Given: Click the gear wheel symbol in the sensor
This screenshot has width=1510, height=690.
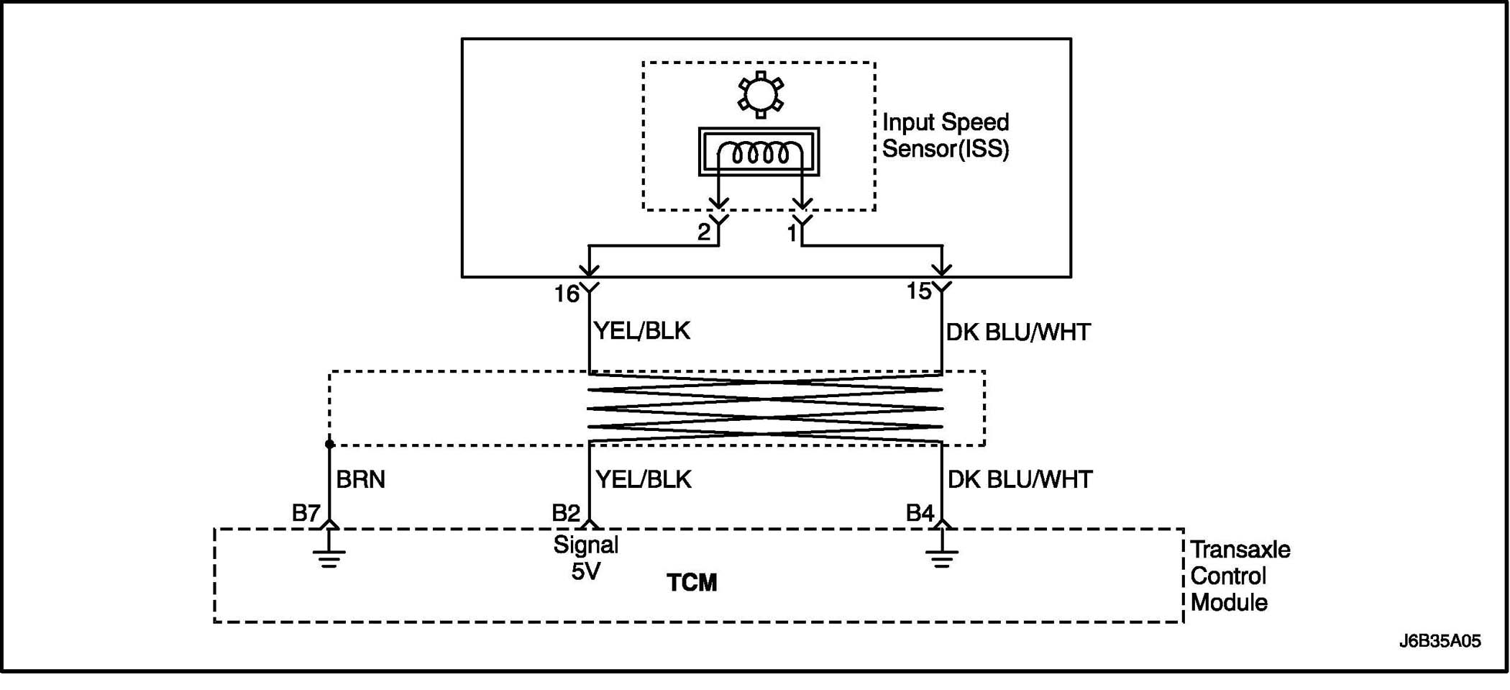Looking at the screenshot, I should coord(760,94).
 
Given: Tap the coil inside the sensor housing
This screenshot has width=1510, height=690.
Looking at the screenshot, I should coord(759,153).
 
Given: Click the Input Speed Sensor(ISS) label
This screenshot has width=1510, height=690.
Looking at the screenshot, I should coord(946,135).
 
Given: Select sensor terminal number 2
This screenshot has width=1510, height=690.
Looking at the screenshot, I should coord(704,232).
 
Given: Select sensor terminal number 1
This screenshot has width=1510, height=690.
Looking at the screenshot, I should coord(792,233).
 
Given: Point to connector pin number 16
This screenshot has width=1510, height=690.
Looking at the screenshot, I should coord(567,294).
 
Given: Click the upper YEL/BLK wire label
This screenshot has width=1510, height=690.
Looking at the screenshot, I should coord(641,331).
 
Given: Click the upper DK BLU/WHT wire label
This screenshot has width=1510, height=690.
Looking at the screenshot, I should coord(1018,332).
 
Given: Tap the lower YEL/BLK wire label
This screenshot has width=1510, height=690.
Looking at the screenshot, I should coord(644,479).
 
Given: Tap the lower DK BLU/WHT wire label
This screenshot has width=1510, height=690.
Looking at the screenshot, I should coord(1020,479).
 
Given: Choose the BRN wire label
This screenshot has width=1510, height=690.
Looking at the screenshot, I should coord(361,479).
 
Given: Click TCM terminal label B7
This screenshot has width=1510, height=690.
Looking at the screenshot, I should coord(306,513).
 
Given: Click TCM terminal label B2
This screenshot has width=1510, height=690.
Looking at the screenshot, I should coord(566,513).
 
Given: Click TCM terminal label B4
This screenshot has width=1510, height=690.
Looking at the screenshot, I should coord(920,513).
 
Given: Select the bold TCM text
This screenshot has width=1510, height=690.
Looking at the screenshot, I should coord(692,583).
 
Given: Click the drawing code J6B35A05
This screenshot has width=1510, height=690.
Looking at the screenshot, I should coord(1440,641).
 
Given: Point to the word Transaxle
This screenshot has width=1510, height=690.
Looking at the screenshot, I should coord(1240,550).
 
